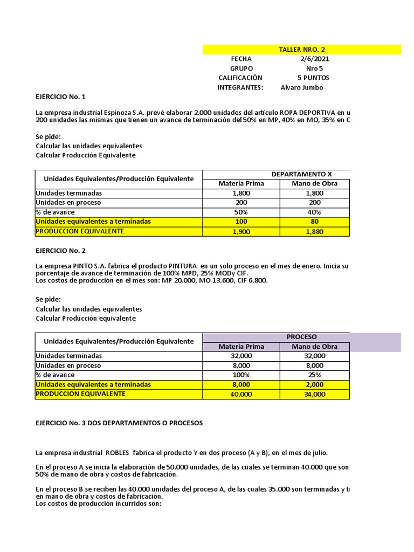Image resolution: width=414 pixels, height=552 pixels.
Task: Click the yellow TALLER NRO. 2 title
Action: click(302, 50)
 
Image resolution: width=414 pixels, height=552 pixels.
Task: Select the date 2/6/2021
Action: click(315, 59)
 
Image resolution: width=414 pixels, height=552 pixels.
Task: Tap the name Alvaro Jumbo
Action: click(302, 87)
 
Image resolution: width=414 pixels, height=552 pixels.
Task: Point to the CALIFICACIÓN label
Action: click(240, 78)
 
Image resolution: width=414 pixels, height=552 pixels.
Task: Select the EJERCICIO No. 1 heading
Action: click(60, 97)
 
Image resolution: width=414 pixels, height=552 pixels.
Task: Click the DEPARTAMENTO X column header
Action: click(301, 174)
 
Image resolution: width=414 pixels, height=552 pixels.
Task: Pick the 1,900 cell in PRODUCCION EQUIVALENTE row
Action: click(241, 232)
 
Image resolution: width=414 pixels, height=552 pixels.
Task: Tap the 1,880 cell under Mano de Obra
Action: click(315, 232)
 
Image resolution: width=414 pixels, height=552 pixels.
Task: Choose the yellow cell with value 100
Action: click(241, 222)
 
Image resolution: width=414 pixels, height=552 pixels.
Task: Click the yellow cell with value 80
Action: click(315, 222)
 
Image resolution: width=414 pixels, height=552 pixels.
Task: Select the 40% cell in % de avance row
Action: click(315, 212)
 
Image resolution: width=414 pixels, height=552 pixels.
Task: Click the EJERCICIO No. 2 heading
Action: click(60, 251)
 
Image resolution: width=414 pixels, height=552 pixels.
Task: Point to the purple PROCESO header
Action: click(301, 337)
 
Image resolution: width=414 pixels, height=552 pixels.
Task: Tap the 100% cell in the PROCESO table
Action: click(241, 375)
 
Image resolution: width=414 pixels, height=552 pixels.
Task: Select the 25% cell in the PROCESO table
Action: click(315, 375)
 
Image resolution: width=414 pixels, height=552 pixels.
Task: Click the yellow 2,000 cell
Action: click(315, 385)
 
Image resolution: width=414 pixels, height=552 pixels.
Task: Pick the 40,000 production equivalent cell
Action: click(241, 395)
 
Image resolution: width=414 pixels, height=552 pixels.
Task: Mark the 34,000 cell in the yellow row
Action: click(315, 395)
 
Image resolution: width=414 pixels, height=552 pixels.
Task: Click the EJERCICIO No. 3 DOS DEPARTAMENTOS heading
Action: click(119, 423)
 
